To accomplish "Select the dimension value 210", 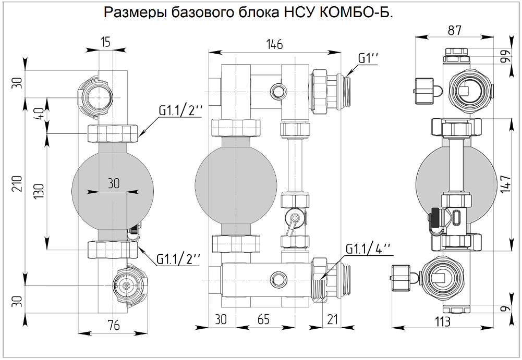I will tap(17, 185).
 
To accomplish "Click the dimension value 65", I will tap(264, 320).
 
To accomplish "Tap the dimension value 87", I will tap(454, 31).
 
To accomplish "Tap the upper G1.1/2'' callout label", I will tap(180, 111).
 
